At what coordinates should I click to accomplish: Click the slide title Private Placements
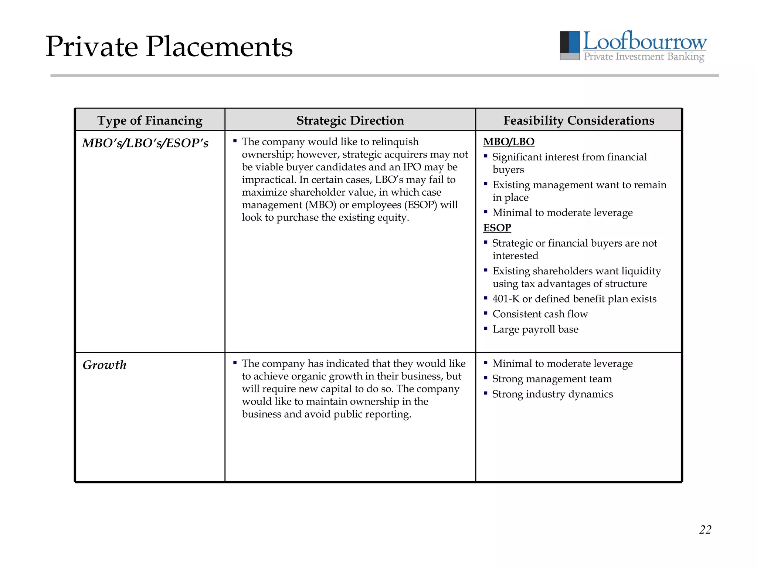point(169,47)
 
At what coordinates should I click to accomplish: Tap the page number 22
point(705,530)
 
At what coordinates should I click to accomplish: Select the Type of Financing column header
point(150,121)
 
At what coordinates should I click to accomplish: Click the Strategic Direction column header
point(350,121)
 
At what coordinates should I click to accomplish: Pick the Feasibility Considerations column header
point(578,121)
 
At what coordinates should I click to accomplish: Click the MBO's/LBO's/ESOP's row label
point(145,143)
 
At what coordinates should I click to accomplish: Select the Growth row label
point(105,365)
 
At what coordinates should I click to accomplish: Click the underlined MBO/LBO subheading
point(509,142)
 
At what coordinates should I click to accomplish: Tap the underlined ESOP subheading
point(497,228)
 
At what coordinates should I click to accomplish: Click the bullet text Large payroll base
point(535,329)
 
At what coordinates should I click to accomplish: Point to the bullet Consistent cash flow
point(540,314)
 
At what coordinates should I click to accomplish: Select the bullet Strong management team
point(552,379)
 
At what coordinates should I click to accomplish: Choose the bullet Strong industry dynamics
point(552,394)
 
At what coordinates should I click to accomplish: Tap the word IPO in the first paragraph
point(412,167)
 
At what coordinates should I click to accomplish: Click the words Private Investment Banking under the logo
point(644,57)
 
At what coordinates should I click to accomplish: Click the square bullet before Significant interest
point(486,156)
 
